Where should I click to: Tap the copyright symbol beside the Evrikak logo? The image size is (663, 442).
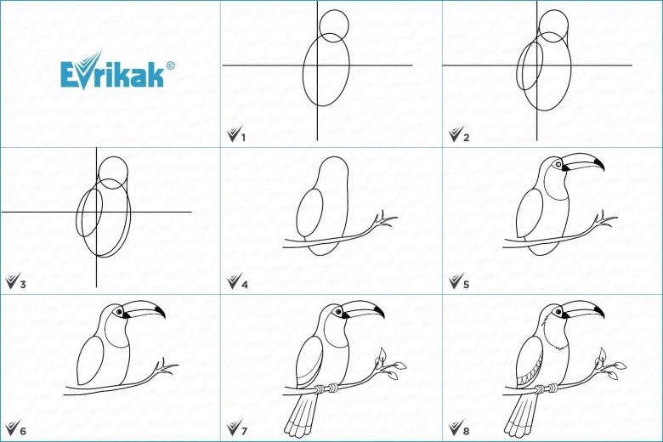pos(170,65)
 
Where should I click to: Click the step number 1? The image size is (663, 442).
pos(243,138)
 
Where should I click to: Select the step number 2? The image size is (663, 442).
pos(466,138)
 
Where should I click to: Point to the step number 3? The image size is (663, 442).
pos(23,284)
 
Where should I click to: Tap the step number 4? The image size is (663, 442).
pos(245,284)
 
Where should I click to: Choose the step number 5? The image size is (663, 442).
pos(466,284)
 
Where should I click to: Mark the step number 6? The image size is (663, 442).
pos(23,431)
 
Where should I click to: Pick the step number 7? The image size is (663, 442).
pos(245,431)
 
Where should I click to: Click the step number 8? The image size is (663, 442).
pos(466,431)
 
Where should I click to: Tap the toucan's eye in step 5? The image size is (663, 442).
pos(558,164)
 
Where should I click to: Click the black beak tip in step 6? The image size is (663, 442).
pos(160,311)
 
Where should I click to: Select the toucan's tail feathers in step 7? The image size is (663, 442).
pos(301,416)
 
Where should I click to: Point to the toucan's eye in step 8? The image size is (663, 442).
pos(558,312)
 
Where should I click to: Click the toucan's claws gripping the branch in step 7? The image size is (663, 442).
pos(327,388)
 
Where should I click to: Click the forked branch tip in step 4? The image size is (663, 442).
pos(386,219)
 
